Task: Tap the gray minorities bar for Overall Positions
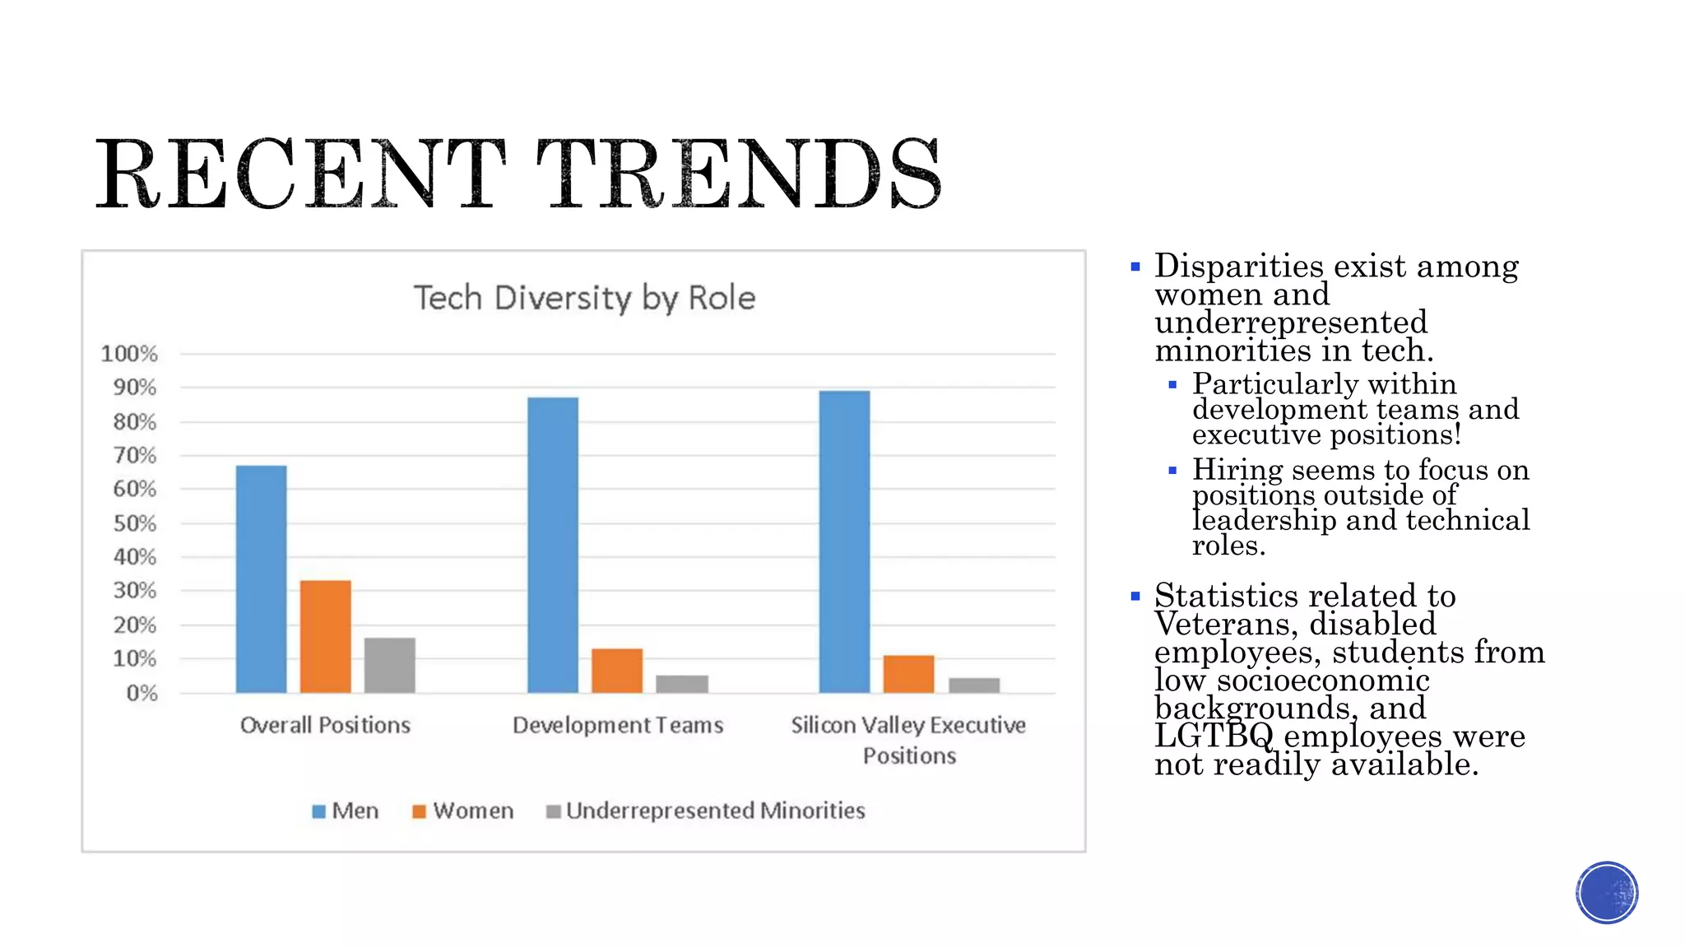click(x=389, y=665)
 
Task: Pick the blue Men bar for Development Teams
click(x=553, y=545)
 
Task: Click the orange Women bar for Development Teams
click(x=617, y=671)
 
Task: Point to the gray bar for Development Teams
click(x=681, y=684)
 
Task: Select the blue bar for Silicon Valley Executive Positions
click(x=844, y=541)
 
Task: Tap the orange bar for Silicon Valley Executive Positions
click(x=908, y=674)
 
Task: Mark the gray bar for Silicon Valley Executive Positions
click(x=973, y=685)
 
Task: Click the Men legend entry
click(x=346, y=811)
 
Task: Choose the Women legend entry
click(x=463, y=811)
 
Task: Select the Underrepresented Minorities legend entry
click(x=706, y=811)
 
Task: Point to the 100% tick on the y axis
click(x=129, y=354)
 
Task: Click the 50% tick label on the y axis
click(x=135, y=523)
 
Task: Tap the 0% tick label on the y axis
click(x=142, y=693)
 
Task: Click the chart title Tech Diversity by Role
click(x=584, y=298)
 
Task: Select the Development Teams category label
click(x=618, y=725)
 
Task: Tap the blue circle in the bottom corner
click(x=1607, y=893)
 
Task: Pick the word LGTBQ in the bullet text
click(x=1214, y=736)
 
